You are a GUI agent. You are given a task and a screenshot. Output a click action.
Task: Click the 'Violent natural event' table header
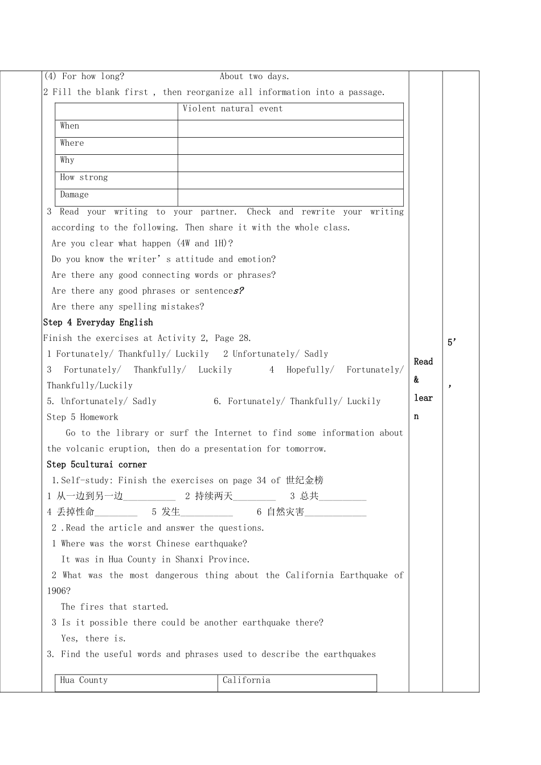tap(232, 109)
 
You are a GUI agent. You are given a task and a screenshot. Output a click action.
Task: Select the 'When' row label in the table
tap(70, 126)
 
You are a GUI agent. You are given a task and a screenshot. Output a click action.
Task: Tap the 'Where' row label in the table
tap(72, 143)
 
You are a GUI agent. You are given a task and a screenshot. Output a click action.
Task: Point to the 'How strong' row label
tap(84, 177)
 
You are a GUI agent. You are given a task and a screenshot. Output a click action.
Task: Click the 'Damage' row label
tap(75, 195)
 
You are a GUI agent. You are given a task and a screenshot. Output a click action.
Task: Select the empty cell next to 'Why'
tap(290, 163)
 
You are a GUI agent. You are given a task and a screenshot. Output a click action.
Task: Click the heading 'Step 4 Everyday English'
tap(98, 322)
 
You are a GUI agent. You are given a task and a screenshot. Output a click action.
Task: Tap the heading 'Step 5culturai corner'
tap(97, 464)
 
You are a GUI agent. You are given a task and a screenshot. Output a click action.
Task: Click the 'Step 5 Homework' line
tap(83, 417)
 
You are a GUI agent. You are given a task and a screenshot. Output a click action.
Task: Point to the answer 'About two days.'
tap(255, 76)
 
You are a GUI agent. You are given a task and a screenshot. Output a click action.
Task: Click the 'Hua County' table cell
tap(84, 680)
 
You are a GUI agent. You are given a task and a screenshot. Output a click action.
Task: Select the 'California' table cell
tap(247, 680)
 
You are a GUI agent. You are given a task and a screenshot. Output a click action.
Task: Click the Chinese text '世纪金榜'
tap(305, 480)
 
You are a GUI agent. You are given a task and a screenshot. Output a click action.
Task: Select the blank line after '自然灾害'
tap(335, 513)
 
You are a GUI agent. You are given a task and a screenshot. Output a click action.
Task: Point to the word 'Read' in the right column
tap(423, 361)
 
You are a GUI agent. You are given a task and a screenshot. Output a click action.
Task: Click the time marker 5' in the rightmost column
tap(452, 342)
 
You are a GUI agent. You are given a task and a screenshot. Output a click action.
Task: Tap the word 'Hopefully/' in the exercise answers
tap(310, 370)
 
